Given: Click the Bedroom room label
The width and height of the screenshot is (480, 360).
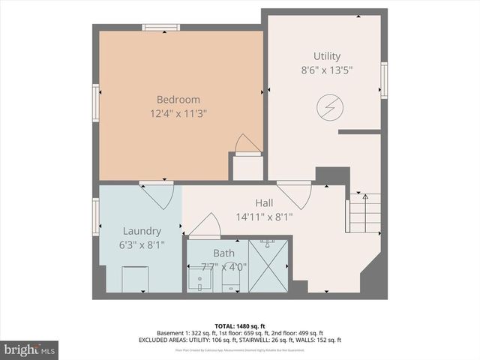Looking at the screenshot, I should click(178, 100).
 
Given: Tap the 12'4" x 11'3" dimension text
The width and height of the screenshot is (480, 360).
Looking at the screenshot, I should click(178, 114).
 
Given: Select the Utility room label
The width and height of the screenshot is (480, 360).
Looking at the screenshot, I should click(326, 56).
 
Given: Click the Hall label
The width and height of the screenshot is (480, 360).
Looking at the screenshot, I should click(264, 203).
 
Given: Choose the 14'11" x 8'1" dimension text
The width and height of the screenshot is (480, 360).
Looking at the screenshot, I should click(264, 217).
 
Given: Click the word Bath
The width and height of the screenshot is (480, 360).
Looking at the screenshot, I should click(223, 253).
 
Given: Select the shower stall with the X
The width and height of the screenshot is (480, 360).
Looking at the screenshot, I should click(268, 266).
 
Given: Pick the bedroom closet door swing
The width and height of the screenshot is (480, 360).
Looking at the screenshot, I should click(246, 144).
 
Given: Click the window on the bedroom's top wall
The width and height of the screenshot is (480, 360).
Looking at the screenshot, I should click(161, 28).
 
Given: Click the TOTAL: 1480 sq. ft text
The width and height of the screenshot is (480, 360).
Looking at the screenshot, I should click(240, 325).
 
